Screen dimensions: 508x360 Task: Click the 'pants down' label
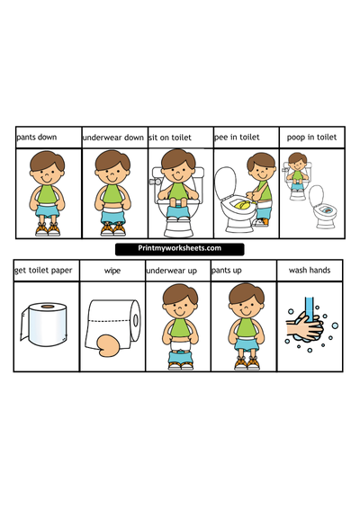pos(36,138)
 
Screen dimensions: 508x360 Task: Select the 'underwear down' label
pos(112,138)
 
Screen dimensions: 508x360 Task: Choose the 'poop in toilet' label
pos(311,138)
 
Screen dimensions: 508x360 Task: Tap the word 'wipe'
pos(112,269)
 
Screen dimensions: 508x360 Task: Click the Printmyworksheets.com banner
pos(180,249)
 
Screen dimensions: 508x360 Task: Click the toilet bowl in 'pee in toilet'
pos(236,205)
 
